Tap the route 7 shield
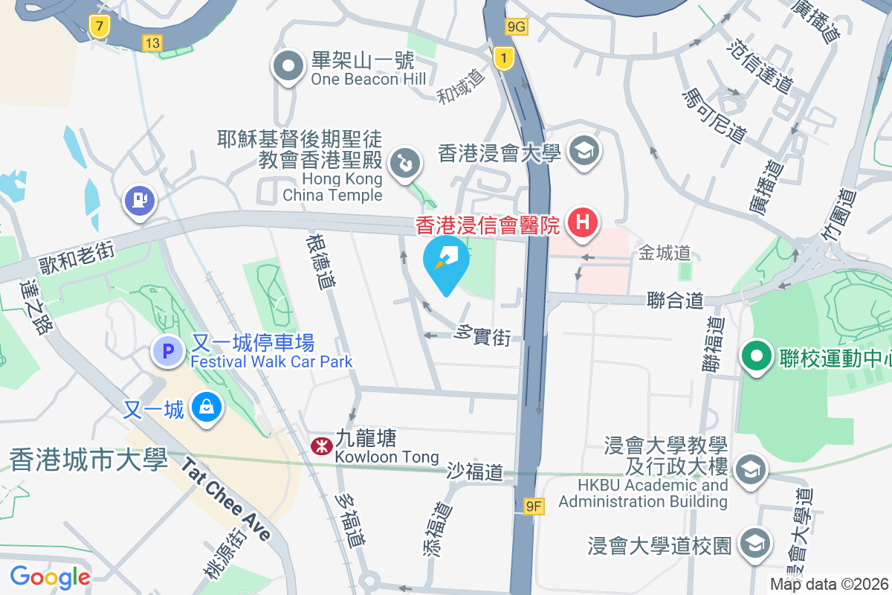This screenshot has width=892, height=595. (98, 27)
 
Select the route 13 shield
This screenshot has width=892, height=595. (152, 43)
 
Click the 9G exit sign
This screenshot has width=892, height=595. (516, 27)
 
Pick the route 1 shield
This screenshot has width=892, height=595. (505, 57)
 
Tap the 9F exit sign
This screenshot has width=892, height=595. (534, 506)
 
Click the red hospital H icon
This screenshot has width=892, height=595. (583, 222)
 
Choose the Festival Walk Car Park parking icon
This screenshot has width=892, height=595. (169, 350)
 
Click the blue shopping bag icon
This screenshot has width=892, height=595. (204, 407)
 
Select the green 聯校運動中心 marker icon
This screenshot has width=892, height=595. (757, 357)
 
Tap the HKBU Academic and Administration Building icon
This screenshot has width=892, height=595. (751, 469)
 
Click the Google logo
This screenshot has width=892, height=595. (50, 576)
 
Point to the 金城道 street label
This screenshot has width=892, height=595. (665, 254)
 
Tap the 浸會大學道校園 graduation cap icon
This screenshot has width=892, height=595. (755, 544)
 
